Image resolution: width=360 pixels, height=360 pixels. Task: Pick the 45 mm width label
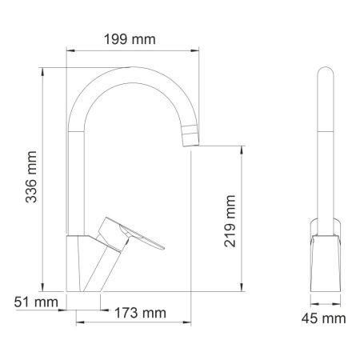[328, 319]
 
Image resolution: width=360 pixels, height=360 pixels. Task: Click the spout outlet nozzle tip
[189, 138]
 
